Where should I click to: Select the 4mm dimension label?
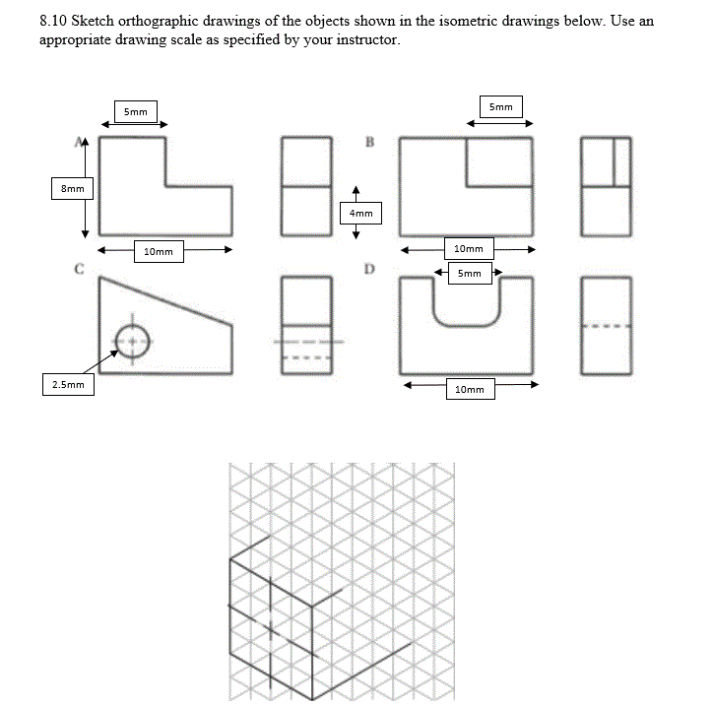coord(361,212)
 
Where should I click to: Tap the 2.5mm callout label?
coord(68,384)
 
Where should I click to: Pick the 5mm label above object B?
coord(500,106)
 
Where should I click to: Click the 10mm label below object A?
coord(158,252)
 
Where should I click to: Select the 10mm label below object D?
coord(470,390)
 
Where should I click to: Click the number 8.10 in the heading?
coord(54,20)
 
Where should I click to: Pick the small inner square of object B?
coord(499,161)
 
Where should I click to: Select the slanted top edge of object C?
coord(165,301)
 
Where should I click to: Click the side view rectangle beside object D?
coord(605,326)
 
